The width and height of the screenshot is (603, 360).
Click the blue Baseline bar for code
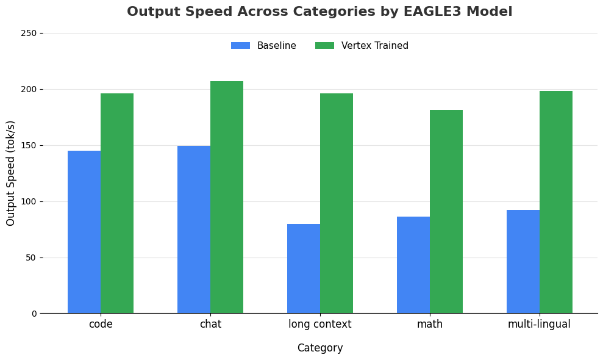tap(84, 232)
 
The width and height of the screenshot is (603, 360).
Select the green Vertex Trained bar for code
tap(117, 203)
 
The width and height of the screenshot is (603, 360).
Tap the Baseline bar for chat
tap(194, 229)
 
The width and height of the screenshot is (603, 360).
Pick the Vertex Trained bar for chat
tap(227, 197)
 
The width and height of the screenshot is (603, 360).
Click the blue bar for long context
tap(304, 268)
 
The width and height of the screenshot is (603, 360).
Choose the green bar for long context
tap(337, 203)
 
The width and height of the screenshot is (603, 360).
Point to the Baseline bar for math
tap(413, 265)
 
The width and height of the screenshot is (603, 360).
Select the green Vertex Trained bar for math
tap(446, 212)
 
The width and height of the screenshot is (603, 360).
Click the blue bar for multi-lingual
tap(523, 262)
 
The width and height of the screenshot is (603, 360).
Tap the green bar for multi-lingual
tap(556, 202)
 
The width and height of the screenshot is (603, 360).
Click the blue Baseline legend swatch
tap(240, 45)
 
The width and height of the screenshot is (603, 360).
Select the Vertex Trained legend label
tap(374, 45)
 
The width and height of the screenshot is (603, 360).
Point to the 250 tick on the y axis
tap(41, 34)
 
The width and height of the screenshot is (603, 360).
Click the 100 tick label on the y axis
tap(29, 202)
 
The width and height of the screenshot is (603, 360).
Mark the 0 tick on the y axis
tap(41, 314)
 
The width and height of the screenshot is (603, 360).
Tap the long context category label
tap(320, 324)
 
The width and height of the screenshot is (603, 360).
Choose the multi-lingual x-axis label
tap(539, 324)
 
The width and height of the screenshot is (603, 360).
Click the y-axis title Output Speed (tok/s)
tap(10, 173)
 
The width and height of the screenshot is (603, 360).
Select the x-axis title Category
tap(320, 348)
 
